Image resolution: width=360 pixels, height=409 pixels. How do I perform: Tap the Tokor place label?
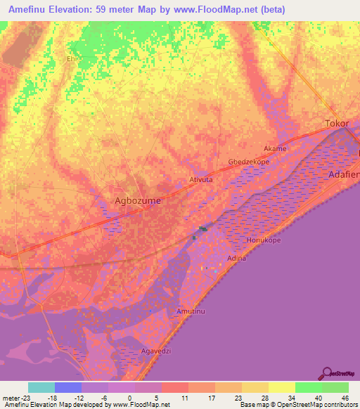click(337, 124)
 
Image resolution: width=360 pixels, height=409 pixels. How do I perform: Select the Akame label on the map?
click(275, 149)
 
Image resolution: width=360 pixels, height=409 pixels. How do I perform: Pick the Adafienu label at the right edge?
click(344, 173)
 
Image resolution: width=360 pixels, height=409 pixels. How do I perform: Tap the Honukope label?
click(263, 240)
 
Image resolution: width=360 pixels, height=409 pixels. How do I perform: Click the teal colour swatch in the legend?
click(41, 387)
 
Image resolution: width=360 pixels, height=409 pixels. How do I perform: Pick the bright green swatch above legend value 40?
click(308, 387)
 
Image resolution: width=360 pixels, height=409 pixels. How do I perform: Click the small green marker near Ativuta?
click(203, 228)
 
